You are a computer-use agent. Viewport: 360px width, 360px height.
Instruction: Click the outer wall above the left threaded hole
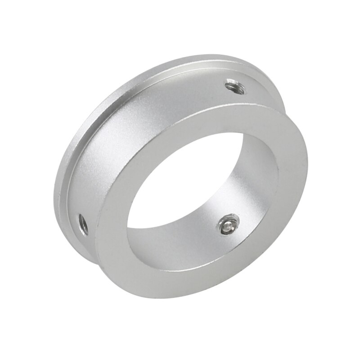[90, 180]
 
